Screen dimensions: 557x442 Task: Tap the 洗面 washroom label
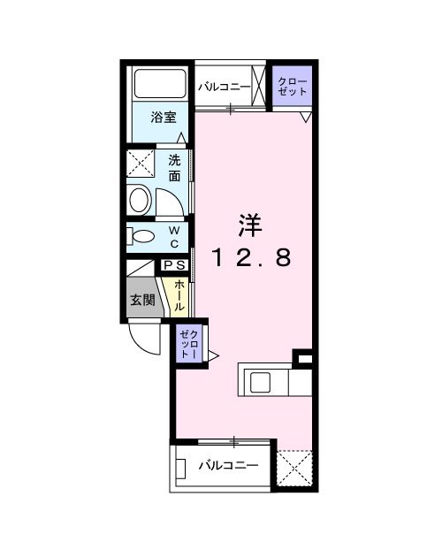(x=175, y=168)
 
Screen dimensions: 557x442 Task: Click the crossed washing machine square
(x=141, y=164)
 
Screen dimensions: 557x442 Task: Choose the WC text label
(x=174, y=236)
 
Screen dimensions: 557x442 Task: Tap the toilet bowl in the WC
(x=141, y=236)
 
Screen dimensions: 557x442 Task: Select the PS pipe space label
(x=174, y=264)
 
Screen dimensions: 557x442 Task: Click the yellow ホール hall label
(x=179, y=294)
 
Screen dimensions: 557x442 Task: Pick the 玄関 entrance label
(x=142, y=300)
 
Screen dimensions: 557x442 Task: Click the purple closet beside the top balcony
(x=291, y=87)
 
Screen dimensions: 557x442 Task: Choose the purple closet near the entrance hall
(x=190, y=342)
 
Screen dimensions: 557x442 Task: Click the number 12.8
(x=250, y=258)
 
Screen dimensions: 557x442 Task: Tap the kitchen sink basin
(x=263, y=382)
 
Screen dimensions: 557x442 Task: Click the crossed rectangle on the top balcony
(x=259, y=87)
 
